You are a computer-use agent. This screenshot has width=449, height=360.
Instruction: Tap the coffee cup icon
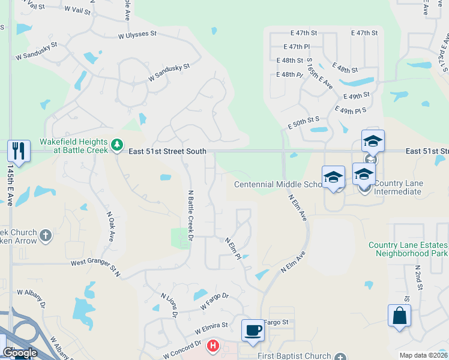pyautogui.click(x=253, y=329)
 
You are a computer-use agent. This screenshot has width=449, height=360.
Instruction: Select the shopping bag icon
pyautogui.click(x=399, y=316)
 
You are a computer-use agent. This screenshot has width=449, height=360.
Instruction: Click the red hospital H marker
pyautogui.click(x=212, y=346)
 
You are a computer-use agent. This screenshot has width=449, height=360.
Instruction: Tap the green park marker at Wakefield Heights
pyautogui.click(x=118, y=145)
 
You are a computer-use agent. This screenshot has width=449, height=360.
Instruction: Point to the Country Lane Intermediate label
pyautogui.click(x=398, y=187)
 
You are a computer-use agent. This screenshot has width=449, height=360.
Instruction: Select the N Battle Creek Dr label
pyautogui.click(x=190, y=216)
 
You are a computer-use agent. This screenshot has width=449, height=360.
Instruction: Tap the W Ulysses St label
pyautogui.click(x=145, y=35)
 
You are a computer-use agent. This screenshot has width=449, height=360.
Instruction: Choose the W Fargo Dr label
pyautogui.click(x=214, y=301)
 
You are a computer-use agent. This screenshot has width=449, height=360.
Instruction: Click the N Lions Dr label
pyautogui.click(x=169, y=305)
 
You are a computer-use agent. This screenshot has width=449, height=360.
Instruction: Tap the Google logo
pyautogui.click(x=20, y=353)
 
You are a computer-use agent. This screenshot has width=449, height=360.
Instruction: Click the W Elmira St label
pyautogui.click(x=211, y=328)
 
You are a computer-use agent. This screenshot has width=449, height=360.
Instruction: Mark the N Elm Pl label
pyautogui.click(x=234, y=248)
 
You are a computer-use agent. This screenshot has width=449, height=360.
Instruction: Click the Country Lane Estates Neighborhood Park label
pyautogui.click(x=408, y=249)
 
